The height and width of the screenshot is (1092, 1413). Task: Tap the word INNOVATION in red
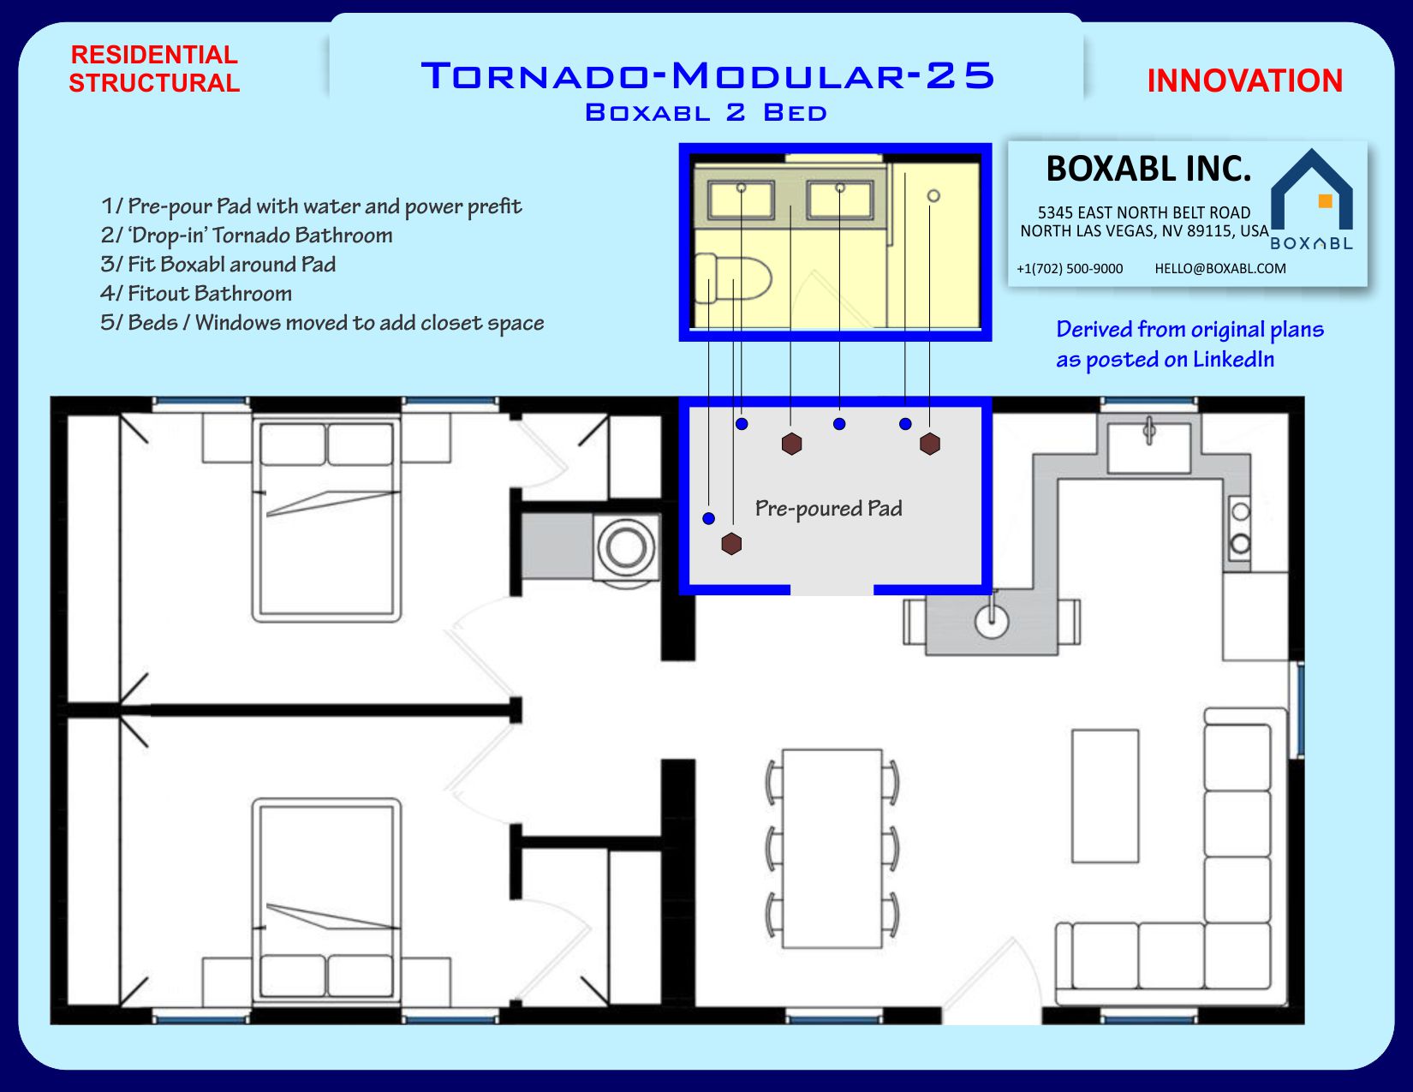1244,81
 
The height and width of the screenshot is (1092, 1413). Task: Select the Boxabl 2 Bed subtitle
706,112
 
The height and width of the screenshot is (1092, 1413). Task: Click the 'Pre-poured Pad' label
828,508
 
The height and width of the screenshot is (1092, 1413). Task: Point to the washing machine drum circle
626,547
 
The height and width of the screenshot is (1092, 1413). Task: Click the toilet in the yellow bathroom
733,279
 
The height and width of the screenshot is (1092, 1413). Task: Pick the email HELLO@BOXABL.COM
1219,269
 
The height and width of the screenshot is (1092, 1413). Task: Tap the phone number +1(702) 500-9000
1070,269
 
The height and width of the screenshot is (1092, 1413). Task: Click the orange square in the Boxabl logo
1325,201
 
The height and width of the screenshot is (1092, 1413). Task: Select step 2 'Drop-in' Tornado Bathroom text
247,236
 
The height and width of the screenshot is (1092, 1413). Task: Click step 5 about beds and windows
322,323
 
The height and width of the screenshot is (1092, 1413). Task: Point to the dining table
832,849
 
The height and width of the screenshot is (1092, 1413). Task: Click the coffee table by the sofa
1106,796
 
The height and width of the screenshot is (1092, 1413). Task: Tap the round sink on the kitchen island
992,622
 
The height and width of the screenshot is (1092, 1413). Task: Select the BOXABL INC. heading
1148,169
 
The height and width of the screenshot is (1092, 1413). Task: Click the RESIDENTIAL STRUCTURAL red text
154,69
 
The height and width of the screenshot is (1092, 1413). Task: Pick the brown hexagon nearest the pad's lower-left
731,544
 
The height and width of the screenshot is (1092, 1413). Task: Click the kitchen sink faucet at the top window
1149,431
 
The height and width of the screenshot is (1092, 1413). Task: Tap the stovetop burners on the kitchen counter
1240,528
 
